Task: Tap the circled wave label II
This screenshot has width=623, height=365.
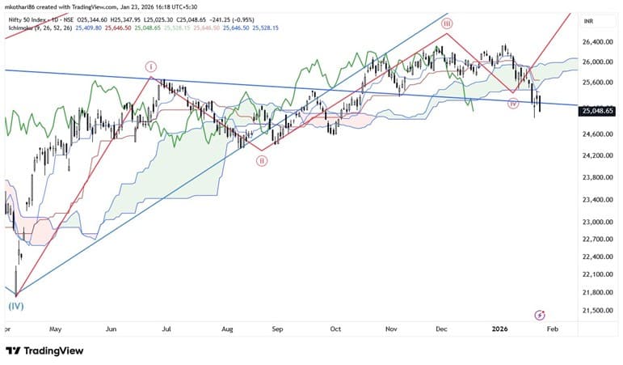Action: pos(262,161)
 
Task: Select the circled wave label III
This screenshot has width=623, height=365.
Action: pos(446,23)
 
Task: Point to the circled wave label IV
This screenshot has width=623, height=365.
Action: pos(512,104)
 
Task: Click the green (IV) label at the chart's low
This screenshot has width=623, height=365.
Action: pos(15,307)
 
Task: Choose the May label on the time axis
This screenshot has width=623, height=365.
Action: pos(55,329)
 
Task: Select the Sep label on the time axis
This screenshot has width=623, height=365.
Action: pos(277,329)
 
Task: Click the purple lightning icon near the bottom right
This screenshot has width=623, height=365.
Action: pos(540,314)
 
